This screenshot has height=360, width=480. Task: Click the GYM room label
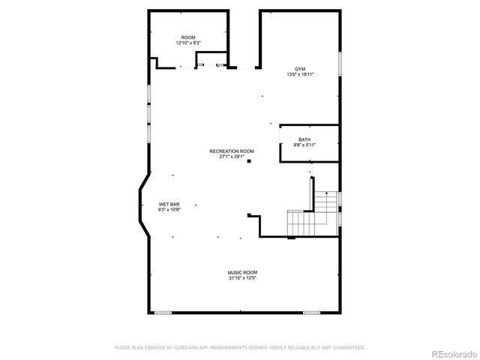click(300, 68)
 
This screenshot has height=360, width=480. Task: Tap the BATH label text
click(304, 139)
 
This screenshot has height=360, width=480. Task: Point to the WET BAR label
click(169, 204)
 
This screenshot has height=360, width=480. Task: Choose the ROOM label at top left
click(188, 37)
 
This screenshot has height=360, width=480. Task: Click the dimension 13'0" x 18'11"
click(300, 74)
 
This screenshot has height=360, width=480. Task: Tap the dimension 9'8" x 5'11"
click(304, 145)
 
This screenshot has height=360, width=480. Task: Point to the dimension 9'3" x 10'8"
click(169, 209)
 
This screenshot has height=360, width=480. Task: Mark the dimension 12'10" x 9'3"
click(188, 43)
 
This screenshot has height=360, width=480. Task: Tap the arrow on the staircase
click(325, 193)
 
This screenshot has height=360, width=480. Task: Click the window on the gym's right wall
click(340, 64)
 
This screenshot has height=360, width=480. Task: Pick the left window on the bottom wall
click(163, 313)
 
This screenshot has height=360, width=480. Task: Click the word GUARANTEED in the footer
click(349, 347)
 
